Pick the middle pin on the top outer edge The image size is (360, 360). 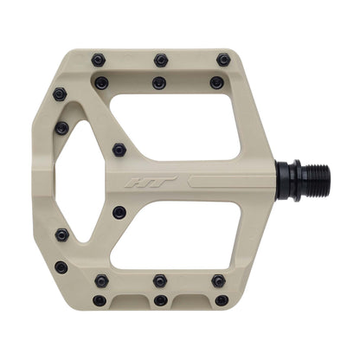coord(160,60)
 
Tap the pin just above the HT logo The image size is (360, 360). coord(119,150)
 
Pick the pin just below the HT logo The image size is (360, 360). coord(119,212)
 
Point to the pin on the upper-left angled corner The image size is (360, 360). coord(60,93)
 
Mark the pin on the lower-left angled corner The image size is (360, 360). coord(61,267)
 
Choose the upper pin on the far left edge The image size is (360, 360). coord(62,128)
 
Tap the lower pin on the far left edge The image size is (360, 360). coord(62,234)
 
